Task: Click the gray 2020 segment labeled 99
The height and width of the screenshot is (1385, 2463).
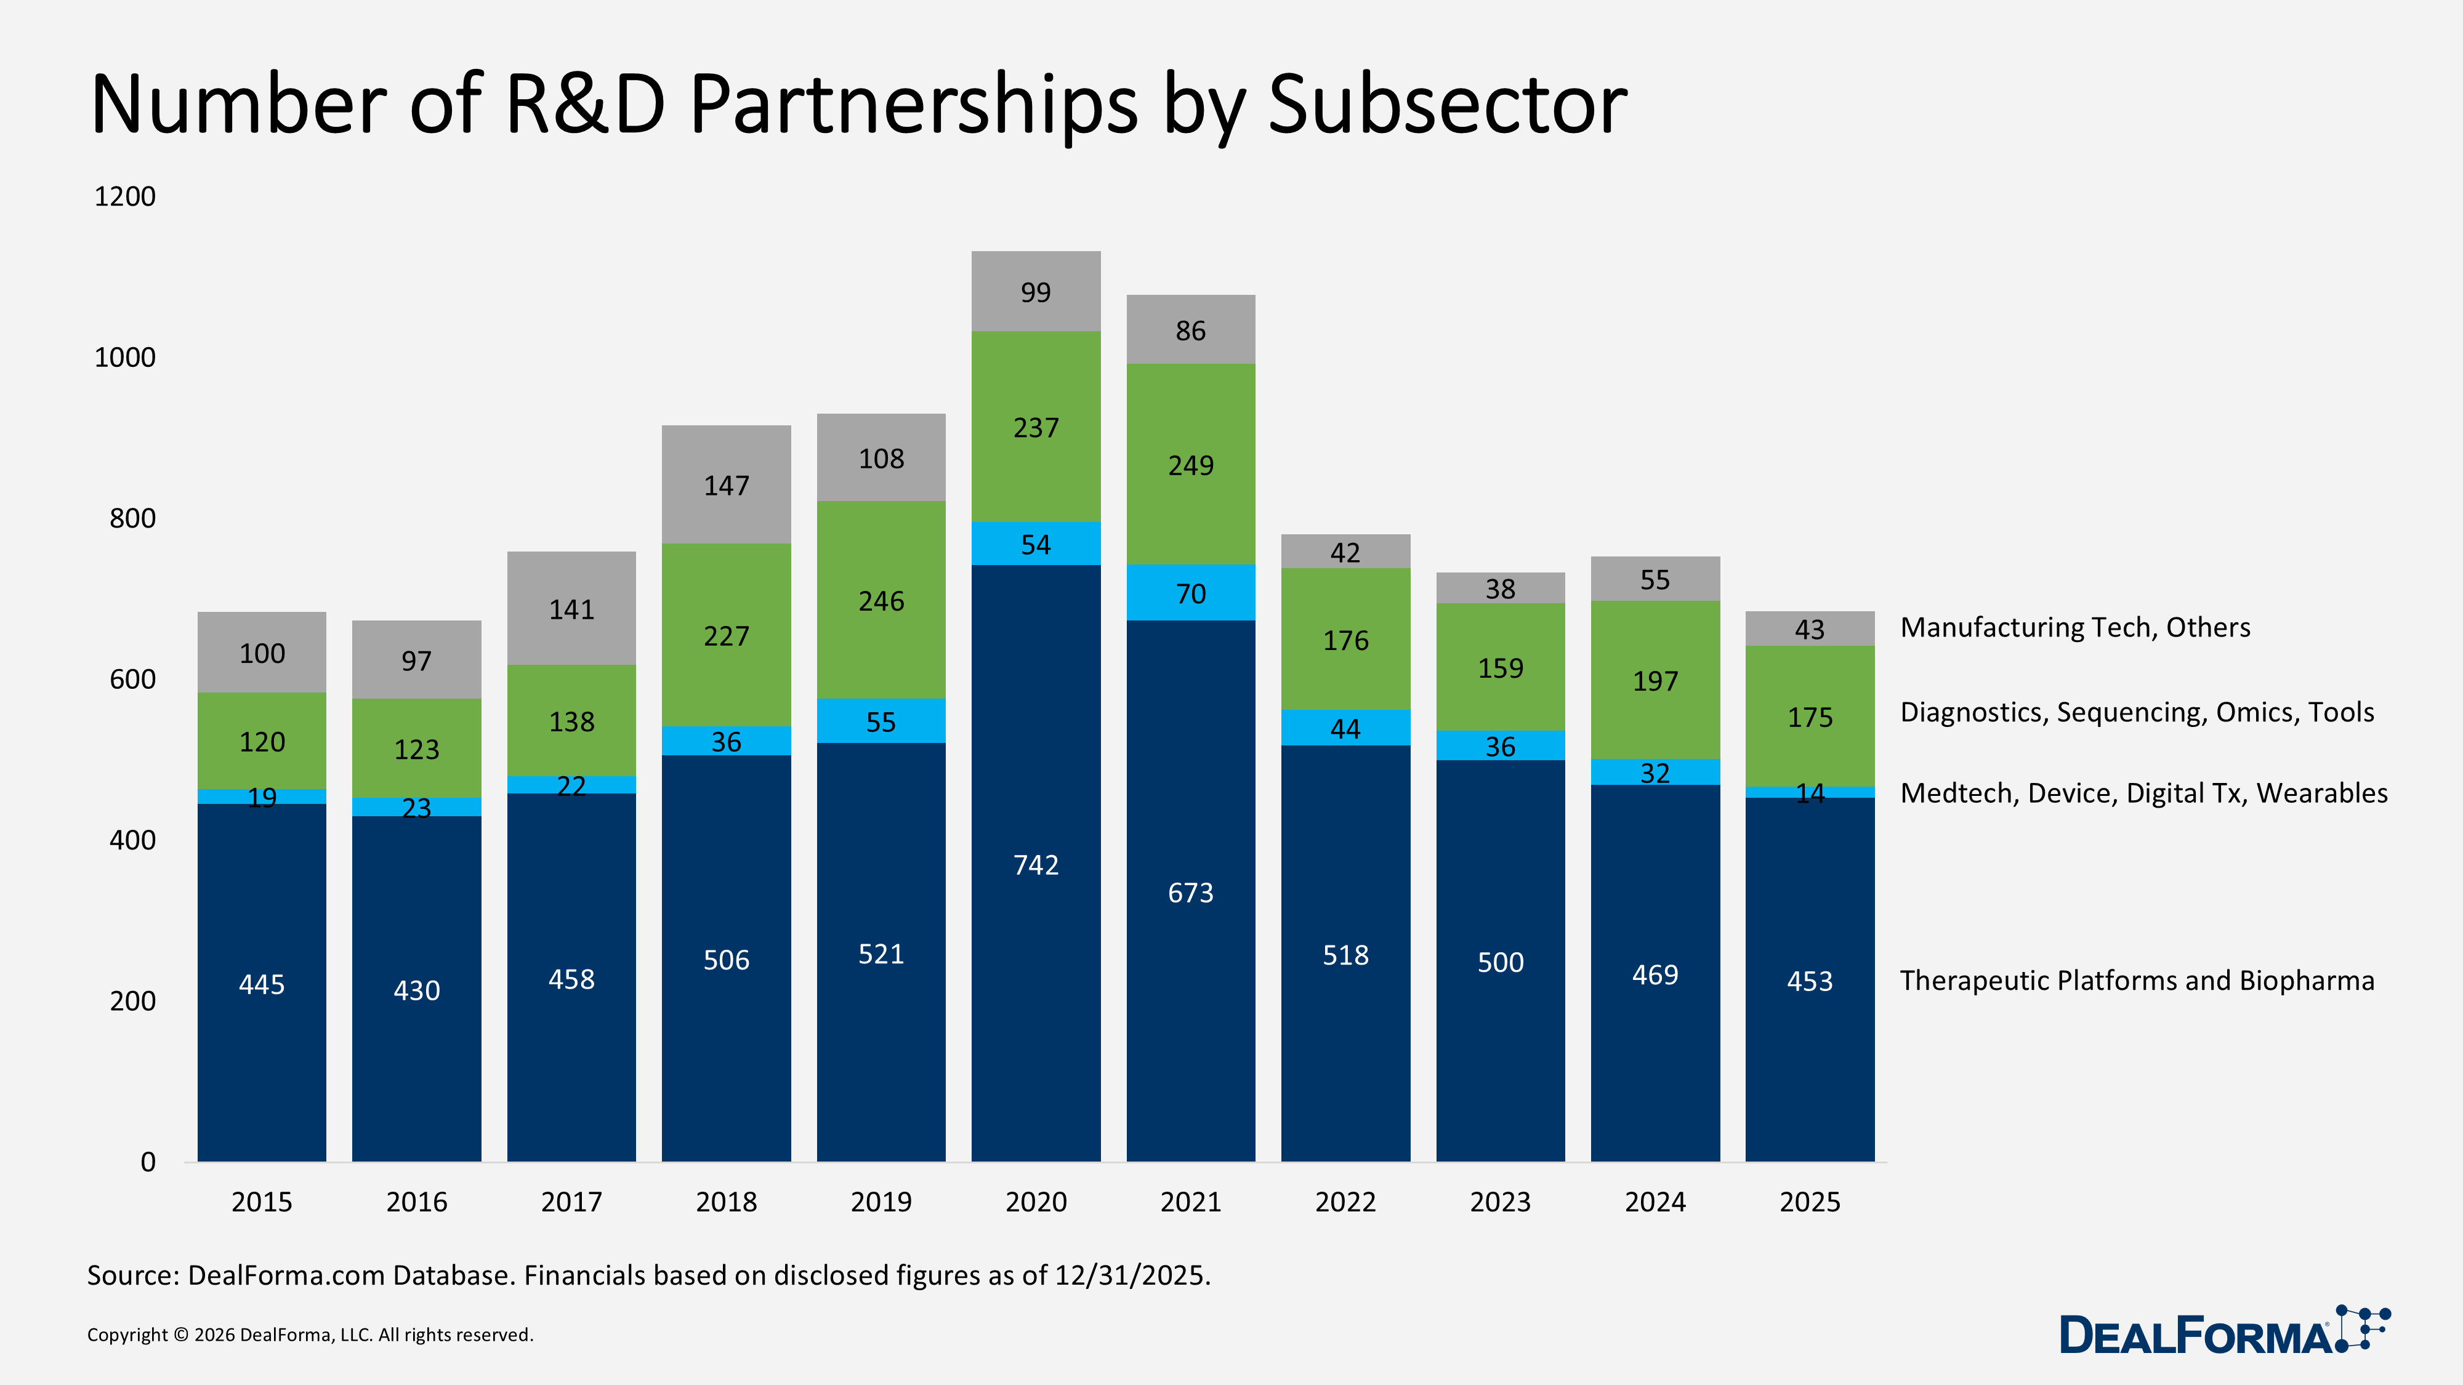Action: click(x=1036, y=292)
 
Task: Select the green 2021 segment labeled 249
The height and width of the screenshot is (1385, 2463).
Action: click(x=1190, y=465)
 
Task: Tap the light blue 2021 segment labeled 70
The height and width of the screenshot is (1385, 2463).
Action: click(x=1190, y=593)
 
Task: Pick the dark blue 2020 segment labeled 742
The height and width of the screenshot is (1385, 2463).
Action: click(x=1036, y=864)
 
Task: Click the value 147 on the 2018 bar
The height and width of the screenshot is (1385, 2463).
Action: click(x=726, y=486)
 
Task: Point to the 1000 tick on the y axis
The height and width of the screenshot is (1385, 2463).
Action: click(x=124, y=358)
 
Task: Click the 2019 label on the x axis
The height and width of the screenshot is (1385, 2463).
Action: click(x=881, y=1202)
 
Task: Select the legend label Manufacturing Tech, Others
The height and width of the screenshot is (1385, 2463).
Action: click(x=2075, y=627)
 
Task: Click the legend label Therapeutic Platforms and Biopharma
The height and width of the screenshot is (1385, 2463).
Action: click(x=2136, y=981)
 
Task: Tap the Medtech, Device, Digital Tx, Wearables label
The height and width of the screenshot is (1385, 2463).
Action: click(x=2143, y=793)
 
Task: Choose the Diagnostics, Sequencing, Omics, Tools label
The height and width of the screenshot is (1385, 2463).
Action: click(x=2136, y=712)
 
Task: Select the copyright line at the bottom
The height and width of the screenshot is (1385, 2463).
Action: click(x=310, y=1335)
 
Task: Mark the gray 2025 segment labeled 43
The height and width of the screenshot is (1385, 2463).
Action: click(x=1809, y=629)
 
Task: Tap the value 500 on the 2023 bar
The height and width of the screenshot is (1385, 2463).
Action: click(x=1499, y=961)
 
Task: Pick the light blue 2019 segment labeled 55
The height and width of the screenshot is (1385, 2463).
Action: click(x=881, y=721)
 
